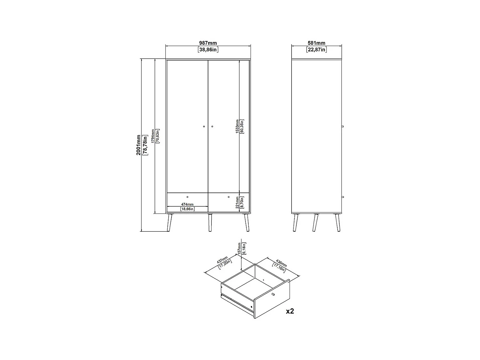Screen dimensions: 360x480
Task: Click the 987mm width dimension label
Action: pyautogui.click(x=208, y=43)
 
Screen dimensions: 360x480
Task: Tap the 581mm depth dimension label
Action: pyautogui.click(x=316, y=43)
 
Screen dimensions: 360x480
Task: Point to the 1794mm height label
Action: pyautogui.click(x=153, y=136)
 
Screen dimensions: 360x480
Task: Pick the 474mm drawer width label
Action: pyautogui.click(x=187, y=204)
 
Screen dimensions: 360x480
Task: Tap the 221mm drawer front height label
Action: pyautogui.click(x=237, y=202)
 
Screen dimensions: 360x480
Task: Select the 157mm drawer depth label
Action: pyautogui.click(x=239, y=248)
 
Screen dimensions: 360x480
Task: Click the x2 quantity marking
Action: pyautogui.click(x=290, y=311)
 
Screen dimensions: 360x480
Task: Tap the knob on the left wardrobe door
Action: pyautogui.click(x=204, y=127)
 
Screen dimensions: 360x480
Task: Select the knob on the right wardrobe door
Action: pyautogui.click(x=212, y=127)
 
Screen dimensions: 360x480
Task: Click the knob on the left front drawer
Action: pyautogui.click(x=188, y=197)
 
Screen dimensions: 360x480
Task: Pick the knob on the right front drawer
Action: pyautogui.click(x=229, y=197)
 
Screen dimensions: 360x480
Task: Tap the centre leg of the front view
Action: pyautogui.click(x=210, y=222)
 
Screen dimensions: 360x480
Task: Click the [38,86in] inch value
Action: pyautogui.click(x=208, y=50)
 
